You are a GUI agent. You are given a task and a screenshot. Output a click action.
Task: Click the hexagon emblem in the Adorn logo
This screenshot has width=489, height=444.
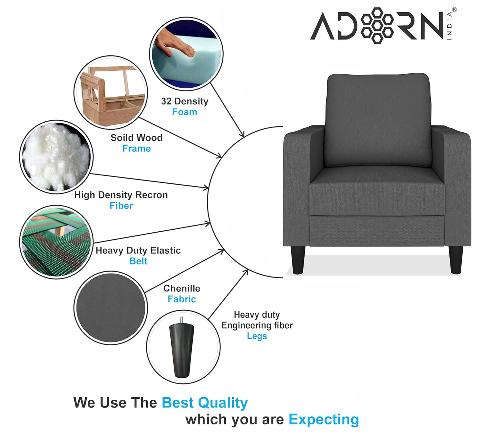point(377,25)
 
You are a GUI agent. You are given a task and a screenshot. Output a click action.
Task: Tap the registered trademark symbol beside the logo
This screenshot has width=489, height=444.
point(454,10)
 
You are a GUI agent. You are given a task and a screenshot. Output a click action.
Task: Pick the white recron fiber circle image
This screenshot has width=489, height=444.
point(56,157)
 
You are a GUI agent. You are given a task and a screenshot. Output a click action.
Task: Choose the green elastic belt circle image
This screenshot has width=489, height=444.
point(56,242)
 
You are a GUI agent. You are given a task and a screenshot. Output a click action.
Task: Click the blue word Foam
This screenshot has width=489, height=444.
point(184,112)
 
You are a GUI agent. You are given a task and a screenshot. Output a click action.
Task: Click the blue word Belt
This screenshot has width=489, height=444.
point(138,261)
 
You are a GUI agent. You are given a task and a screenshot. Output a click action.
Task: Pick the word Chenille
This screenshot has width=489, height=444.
point(182,288)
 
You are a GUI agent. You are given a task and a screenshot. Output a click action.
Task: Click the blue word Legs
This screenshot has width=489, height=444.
point(257,336)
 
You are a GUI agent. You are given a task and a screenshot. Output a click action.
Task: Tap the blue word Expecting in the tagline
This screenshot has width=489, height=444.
point(324,420)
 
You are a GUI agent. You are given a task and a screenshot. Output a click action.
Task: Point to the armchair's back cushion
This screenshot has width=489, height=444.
point(378,120)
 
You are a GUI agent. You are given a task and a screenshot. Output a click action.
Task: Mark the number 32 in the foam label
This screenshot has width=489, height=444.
point(166,101)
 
